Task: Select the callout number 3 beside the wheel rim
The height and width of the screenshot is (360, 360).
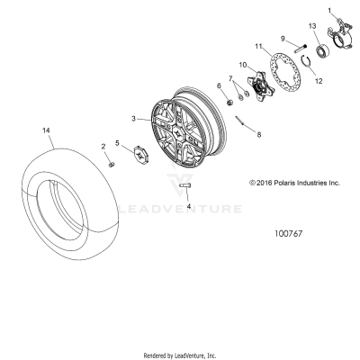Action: (x=133, y=118)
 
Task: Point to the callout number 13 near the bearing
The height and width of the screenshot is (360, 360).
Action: (x=313, y=28)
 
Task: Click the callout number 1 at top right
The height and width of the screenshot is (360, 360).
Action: (x=330, y=9)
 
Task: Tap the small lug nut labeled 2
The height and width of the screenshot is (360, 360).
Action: (x=110, y=163)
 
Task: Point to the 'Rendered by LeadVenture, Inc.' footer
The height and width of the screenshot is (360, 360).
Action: (x=180, y=354)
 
